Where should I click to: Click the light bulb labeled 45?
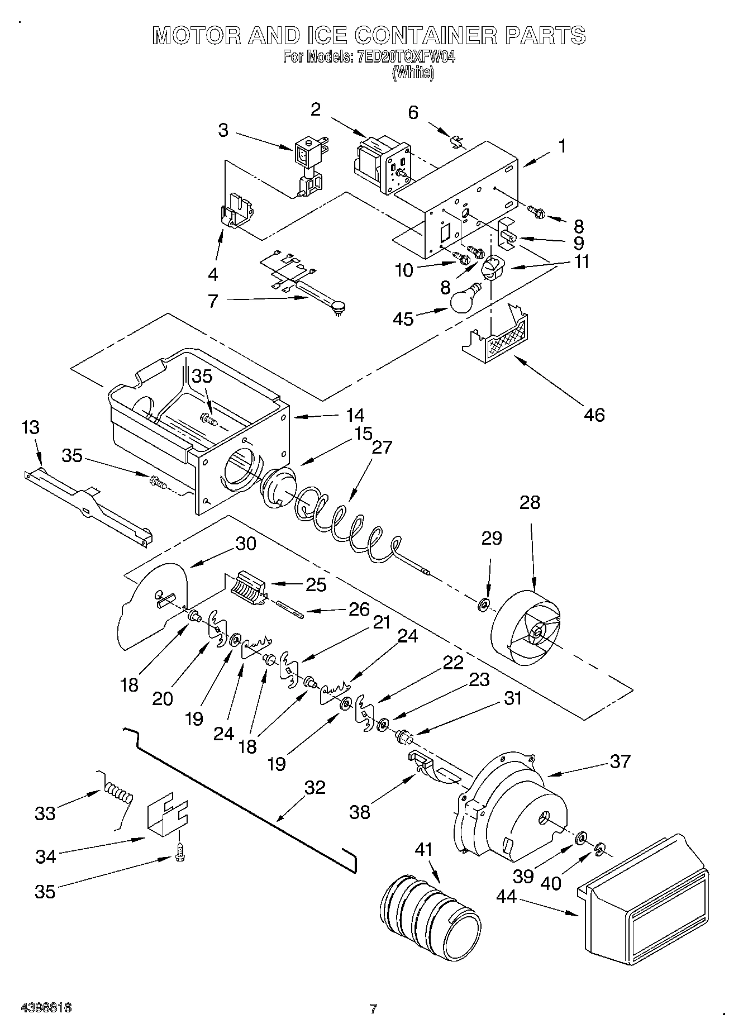tap(463, 302)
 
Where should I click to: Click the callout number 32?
tap(315, 788)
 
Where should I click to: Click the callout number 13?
tap(31, 428)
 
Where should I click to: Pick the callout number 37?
tap(620, 761)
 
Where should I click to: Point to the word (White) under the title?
tap(413, 73)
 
